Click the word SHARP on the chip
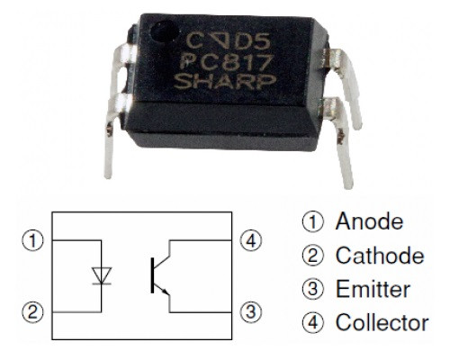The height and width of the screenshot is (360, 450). [x=225, y=81]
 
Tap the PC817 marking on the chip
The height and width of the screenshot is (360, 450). [x=226, y=62]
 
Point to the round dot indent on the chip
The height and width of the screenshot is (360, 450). [x=165, y=32]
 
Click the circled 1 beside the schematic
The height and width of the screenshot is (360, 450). [x=32, y=240]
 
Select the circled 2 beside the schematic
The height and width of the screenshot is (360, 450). [x=32, y=312]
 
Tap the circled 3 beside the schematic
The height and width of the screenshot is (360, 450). [x=251, y=312]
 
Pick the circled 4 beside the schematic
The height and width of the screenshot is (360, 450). [x=251, y=240]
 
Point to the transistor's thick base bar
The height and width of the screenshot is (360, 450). [x=152, y=275]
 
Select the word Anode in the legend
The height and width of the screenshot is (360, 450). [x=369, y=221]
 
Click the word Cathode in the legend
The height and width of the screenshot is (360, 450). [x=380, y=256]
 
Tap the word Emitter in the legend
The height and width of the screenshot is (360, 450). [x=373, y=289]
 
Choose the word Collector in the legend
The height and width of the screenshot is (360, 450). [x=382, y=322]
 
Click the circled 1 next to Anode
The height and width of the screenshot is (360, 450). [x=313, y=221]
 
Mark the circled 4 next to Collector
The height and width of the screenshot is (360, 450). [x=313, y=323]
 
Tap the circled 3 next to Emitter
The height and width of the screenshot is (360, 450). [x=313, y=289]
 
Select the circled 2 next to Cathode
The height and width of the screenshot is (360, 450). [x=313, y=256]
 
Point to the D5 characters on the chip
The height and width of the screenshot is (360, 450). [x=252, y=41]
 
